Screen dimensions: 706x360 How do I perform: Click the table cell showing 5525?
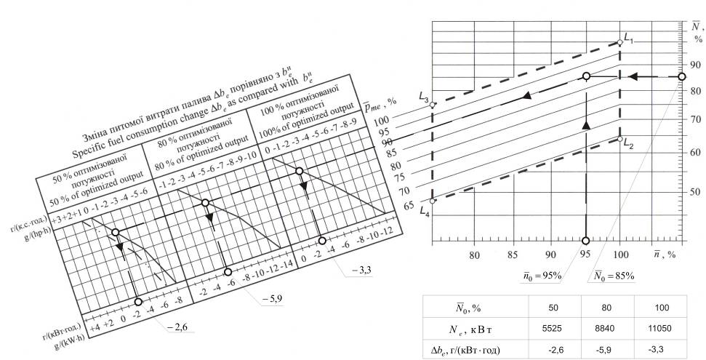[x=555, y=327]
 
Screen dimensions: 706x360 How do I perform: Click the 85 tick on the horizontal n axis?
[x=512, y=255]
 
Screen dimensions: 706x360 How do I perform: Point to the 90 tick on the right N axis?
[x=696, y=64]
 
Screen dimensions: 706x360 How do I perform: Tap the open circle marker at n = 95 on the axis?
[x=586, y=241]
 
